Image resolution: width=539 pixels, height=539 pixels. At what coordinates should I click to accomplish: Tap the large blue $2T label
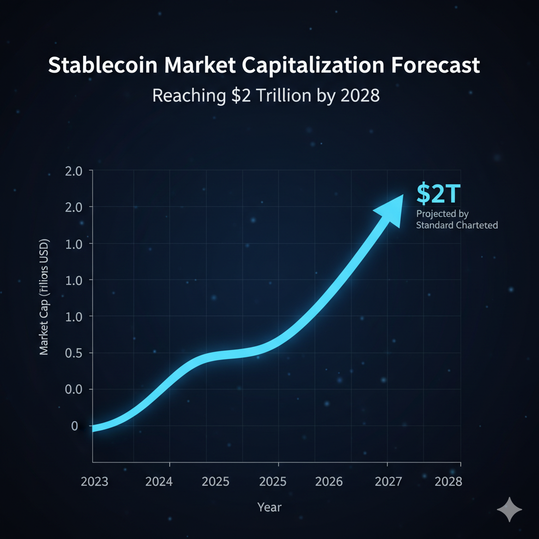pyautogui.click(x=438, y=193)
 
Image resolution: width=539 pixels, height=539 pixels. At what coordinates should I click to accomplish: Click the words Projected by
pyautogui.click(x=442, y=214)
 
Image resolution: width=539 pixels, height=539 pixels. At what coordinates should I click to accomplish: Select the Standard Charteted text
pyautogui.click(x=456, y=225)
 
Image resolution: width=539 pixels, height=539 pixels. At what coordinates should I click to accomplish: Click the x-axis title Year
pyautogui.click(x=269, y=507)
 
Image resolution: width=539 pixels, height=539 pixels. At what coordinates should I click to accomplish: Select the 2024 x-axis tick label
pyautogui.click(x=159, y=481)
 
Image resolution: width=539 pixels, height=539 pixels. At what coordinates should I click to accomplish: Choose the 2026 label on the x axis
pyautogui.click(x=328, y=481)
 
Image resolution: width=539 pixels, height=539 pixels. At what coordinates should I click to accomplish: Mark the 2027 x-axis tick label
pyautogui.click(x=390, y=481)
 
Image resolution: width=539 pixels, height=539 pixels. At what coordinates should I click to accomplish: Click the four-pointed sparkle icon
pyautogui.click(x=510, y=509)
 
